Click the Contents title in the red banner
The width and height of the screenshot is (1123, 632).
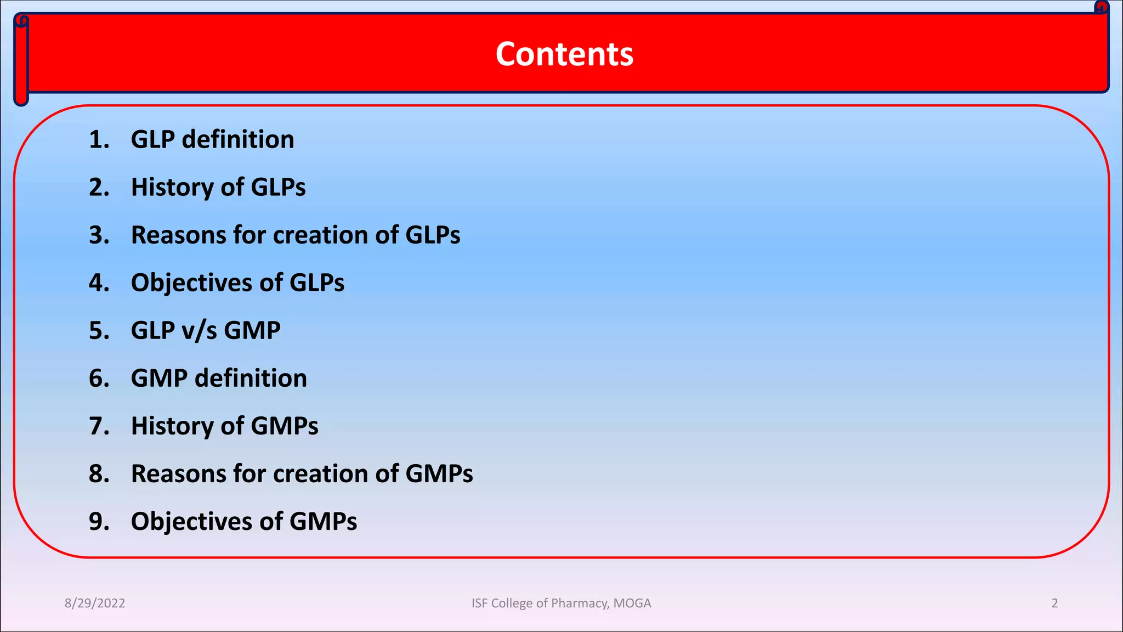click(x=564, y=54)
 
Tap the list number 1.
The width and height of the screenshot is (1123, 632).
click(x=98, y=140)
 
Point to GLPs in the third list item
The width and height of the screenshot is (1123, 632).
click(x=433, y=235)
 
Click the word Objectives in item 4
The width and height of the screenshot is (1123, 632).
click(x=191, y=283)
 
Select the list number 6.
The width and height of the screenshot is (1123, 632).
click(x=98, y=379)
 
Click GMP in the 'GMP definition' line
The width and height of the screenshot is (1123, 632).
click(x=159, y=379)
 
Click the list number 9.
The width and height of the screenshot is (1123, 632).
click(x=98, y=522)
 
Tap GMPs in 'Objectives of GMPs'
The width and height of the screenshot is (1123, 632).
click(x=323, y=522)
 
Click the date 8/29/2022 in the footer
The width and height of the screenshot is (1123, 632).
click(x=95, y=603)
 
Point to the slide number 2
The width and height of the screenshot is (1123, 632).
click(x=1054, y=603)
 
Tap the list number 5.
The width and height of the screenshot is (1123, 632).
click(x=98, y=331)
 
